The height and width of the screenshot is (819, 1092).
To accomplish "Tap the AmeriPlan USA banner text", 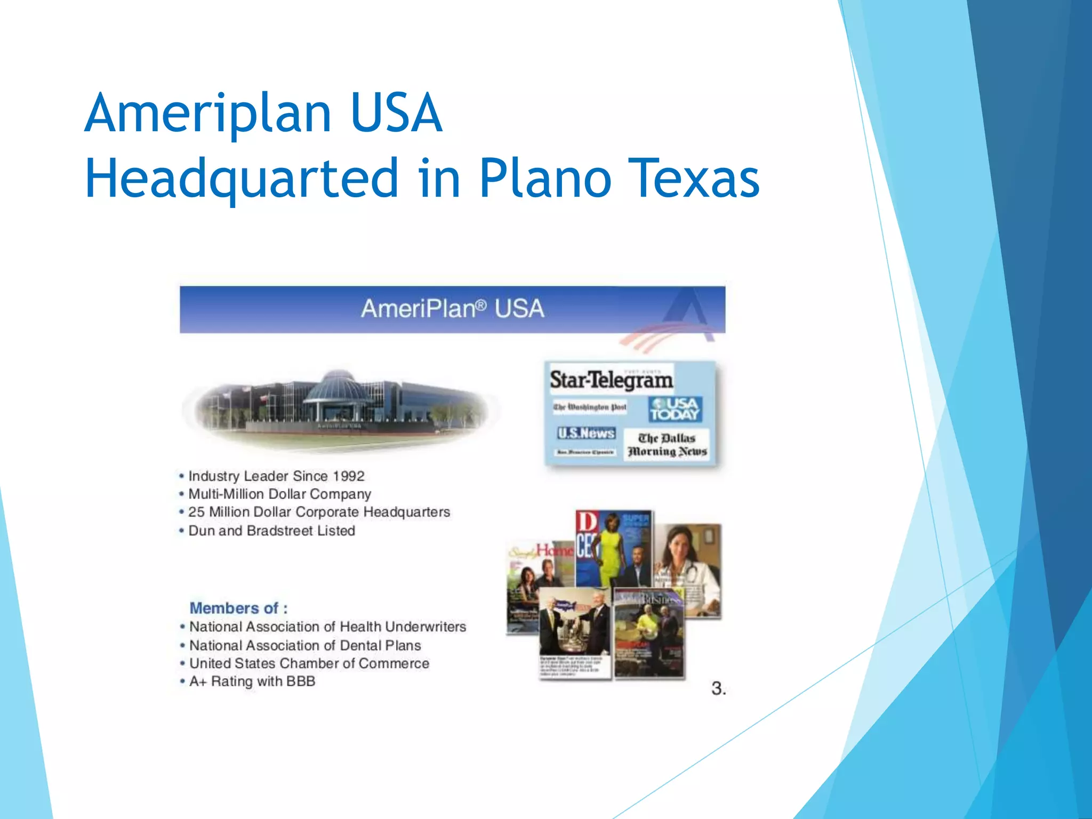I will (452, 309).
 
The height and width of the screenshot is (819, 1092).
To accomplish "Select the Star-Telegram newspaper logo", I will (611, 380).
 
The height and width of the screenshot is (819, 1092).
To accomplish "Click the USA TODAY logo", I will (675, 409).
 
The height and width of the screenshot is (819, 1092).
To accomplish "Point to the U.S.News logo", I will (586, 433).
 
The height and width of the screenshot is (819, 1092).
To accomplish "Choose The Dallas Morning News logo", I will (667, 445).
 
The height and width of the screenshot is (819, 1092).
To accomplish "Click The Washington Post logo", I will (589, 407).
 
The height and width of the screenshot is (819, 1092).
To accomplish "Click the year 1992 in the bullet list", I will (349, 476).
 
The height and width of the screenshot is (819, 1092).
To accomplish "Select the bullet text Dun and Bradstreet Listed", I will (271, 531).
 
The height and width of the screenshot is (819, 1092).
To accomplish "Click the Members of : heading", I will (238, 608).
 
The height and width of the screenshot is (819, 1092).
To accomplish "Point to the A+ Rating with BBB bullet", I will (252, 681).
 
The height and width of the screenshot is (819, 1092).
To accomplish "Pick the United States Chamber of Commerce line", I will (309, 663).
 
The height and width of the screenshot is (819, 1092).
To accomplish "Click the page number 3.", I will (718, 688).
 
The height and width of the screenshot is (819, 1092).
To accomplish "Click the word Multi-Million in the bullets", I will (226, 494).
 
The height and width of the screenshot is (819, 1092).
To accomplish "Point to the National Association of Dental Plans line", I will (305, 645).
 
